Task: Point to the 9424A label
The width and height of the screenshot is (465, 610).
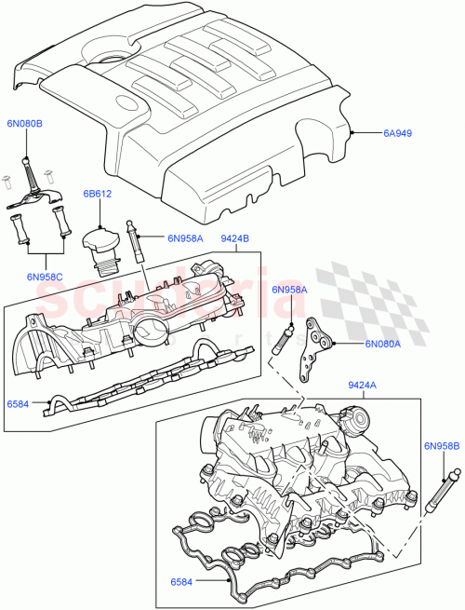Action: point(362,385)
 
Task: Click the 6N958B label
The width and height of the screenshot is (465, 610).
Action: point(442,446)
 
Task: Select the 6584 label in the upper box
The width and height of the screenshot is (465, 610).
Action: point(19,404)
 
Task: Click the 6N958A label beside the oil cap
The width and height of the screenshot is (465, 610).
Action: point(185,238)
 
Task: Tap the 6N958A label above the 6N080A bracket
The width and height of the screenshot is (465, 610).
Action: point(289,290)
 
